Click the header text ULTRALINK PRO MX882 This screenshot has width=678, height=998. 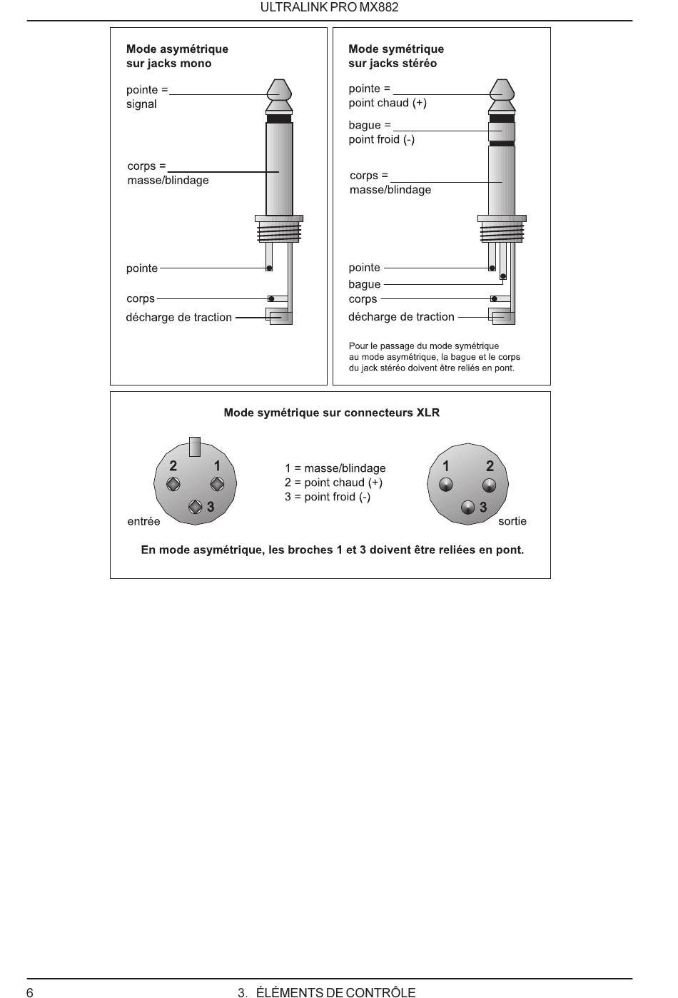click(x=329, y=8)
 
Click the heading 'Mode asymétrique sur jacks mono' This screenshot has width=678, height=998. click(x=177, y=56)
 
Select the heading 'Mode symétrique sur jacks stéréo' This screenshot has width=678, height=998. click(x=395, y=56)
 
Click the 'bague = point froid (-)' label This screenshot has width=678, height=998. click(x=381, y=132)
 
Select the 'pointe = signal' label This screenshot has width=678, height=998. click(x=146, y=97)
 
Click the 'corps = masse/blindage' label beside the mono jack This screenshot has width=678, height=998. click(x=168, y=173)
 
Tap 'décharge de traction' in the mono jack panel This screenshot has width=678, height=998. click(x=178, y=318)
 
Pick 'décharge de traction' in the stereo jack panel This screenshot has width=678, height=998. click(x=401, y=317)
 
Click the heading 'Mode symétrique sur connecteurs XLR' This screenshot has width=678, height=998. click(x=331, y=413)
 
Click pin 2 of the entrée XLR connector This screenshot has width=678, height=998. click(x=173, y=485)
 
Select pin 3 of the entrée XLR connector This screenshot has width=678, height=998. click(x=196, y=507)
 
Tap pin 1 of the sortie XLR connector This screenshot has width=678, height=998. click(x=446, y=485)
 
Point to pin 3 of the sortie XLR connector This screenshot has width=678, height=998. click(x=468, y=508)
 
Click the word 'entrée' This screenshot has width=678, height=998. click(x=143, y=522)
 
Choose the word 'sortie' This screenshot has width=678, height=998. click(x=512, y=522)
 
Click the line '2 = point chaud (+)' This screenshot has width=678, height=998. click(x=333, y=483)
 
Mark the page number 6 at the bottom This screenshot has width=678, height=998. click(x=30, y=992)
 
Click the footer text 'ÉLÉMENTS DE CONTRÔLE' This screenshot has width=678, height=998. click(x=335, y=992)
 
